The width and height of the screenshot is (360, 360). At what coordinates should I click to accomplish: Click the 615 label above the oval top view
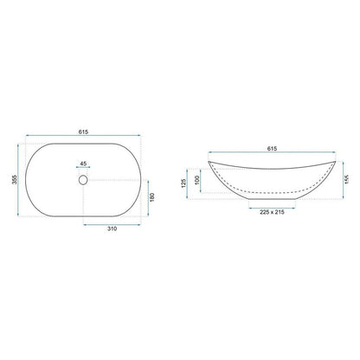point(83,132)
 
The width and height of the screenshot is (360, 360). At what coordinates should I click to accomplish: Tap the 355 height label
point(15,179)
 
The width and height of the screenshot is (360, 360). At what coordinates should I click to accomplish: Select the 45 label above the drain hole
point(83,164)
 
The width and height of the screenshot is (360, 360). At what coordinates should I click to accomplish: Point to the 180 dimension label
point(152,197)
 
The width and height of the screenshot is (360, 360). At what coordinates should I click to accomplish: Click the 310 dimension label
point(112,228)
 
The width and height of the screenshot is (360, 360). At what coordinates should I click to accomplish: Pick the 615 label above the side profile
point(272,149)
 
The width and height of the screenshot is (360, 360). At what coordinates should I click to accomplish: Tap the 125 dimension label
point(183,183)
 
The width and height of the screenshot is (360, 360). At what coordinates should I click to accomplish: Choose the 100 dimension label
point(197,180)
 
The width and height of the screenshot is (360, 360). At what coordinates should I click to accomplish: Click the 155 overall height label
point(347,179)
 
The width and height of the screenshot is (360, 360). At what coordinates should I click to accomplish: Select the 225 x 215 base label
point(272,212)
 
